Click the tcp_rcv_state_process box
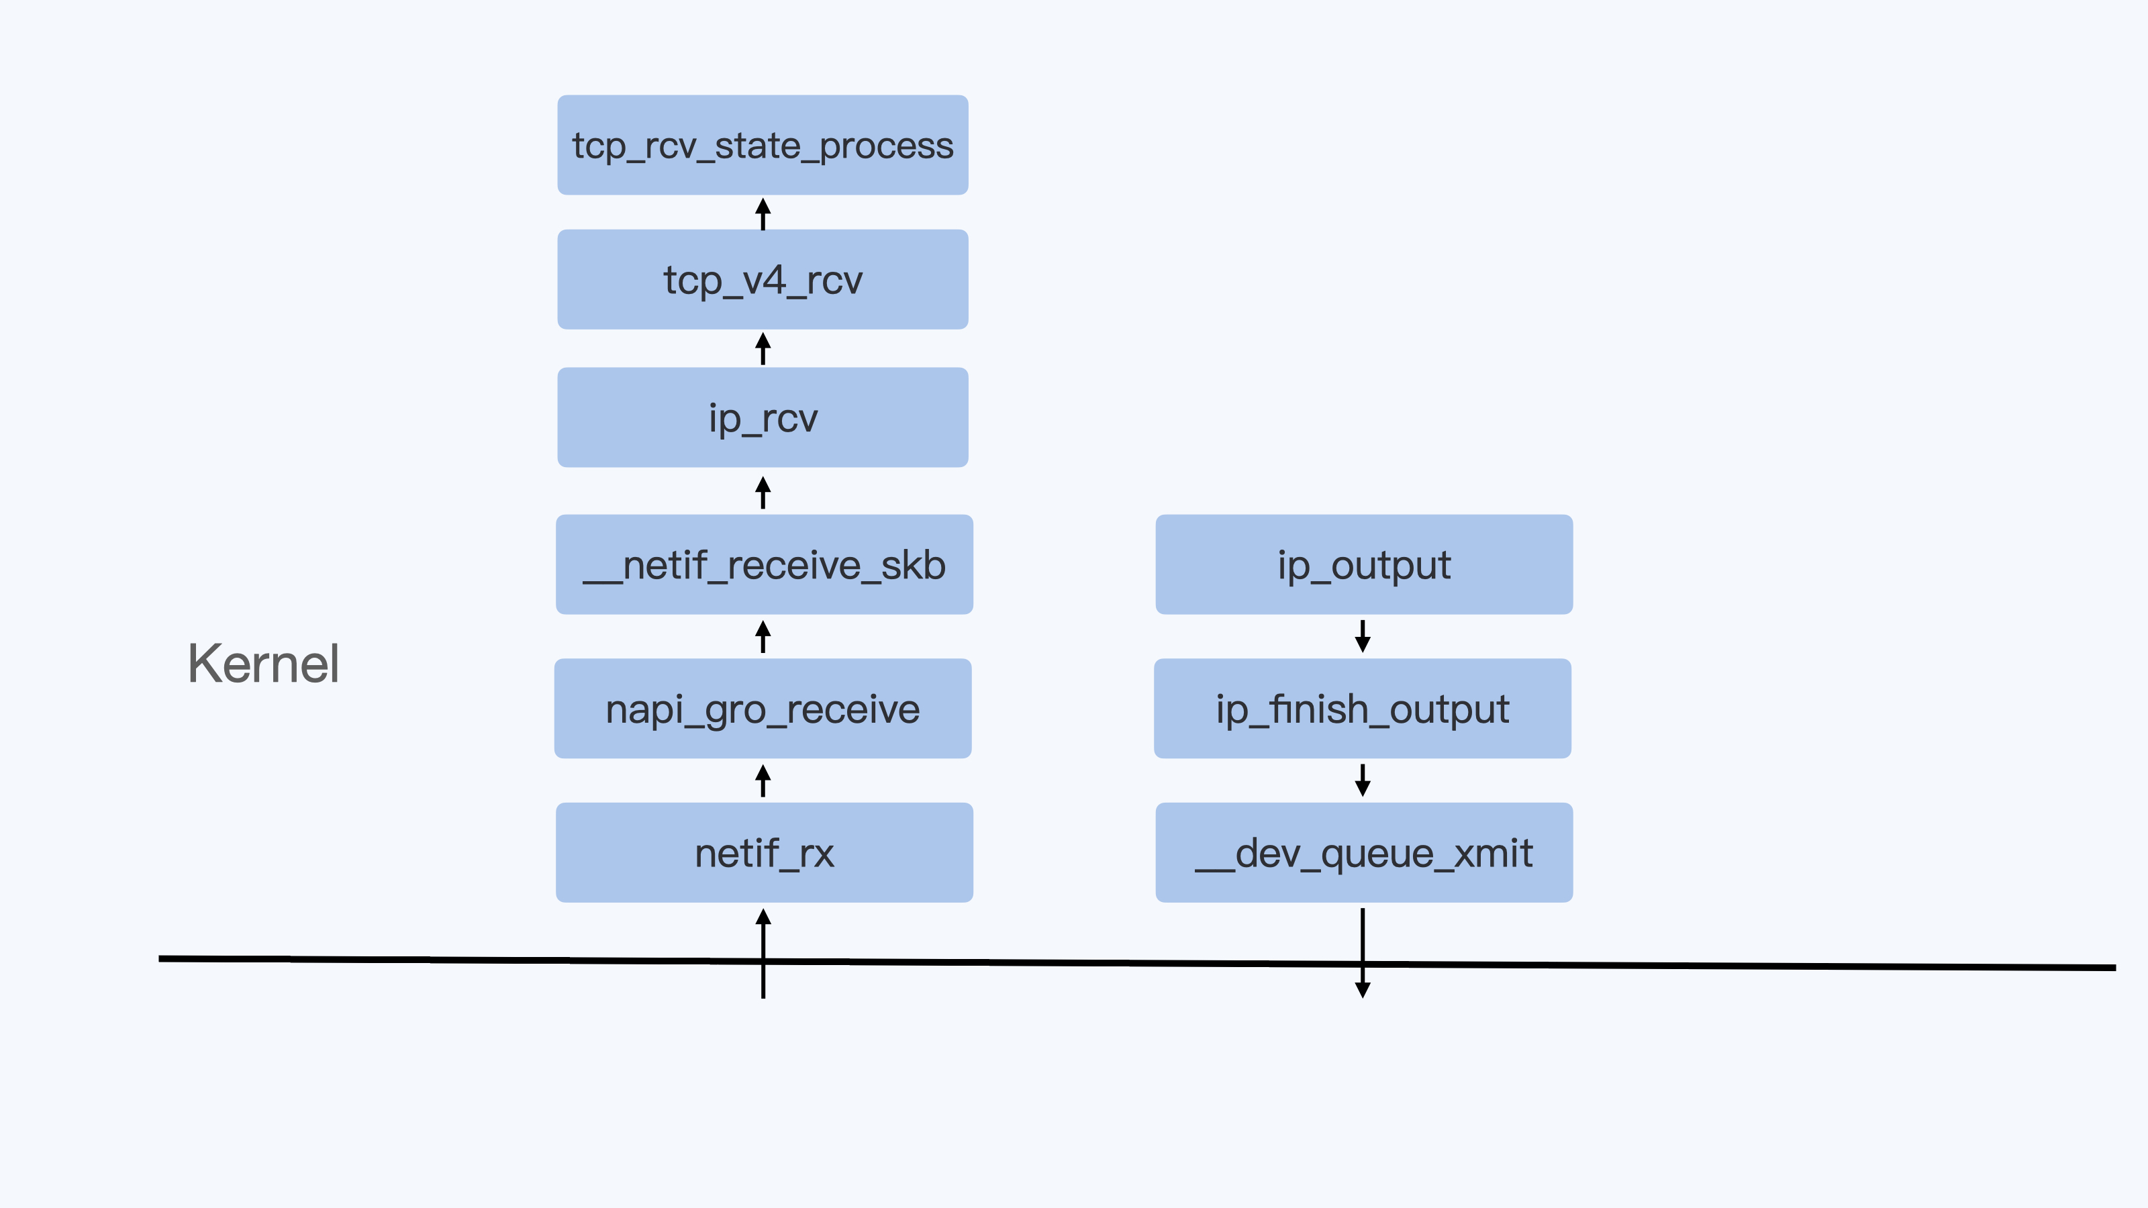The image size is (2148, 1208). [x=762, y=145]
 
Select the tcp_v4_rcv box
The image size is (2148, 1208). [x=762, y=279]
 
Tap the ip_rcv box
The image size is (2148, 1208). [x=762, y=417]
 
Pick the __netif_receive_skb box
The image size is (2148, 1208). [x=764, y=564]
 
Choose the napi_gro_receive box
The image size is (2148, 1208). [x=762, y=709]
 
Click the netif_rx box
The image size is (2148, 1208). [x=764, y=852]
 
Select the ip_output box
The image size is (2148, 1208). [x=1363, y=564]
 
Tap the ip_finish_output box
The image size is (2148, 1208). [x=1362, y=709]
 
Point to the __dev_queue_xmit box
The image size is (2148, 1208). [x=1363, y=852]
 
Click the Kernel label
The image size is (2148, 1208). [x=264, y=664]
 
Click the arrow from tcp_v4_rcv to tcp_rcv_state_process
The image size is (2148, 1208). [x=762, y=213]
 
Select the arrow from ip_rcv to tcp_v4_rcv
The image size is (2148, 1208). [x=762, y=348]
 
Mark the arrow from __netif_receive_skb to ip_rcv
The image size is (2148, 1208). [x=762, y=492]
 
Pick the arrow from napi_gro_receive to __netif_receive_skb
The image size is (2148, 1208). [x=762, y=636]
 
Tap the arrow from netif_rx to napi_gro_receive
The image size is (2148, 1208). [x=762, y=781]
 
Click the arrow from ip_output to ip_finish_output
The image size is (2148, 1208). [x=1363, y=636]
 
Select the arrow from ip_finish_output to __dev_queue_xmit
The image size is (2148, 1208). [x=1363, y=781]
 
